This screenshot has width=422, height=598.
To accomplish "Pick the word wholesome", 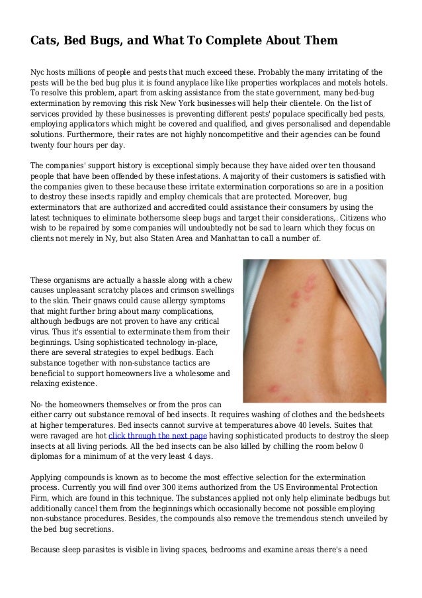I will click(190, 372).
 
